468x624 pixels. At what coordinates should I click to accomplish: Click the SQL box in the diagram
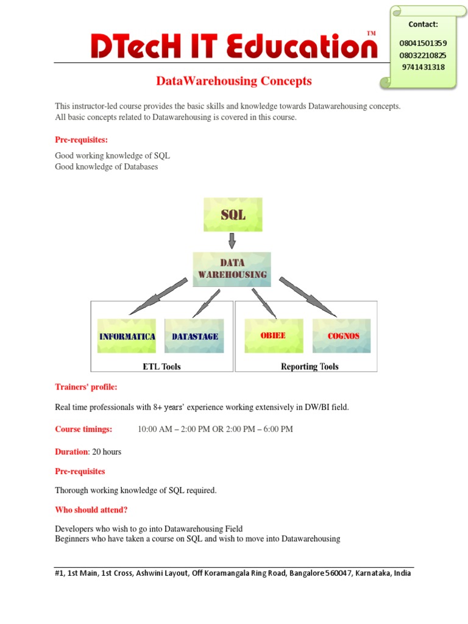tap(233, 214)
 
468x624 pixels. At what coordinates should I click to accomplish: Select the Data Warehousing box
tap(232, 269)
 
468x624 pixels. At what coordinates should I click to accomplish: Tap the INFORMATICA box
tap(127, 336)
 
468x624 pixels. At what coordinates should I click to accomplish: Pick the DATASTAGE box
tap(194, 336)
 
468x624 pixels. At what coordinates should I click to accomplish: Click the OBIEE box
tap(274, 336)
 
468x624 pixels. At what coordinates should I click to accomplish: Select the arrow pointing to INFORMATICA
tap(158, 296)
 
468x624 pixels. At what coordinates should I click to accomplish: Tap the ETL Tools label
tap(161, 366)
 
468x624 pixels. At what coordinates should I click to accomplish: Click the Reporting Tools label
tap(310, 366)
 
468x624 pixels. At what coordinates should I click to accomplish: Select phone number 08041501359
tap(424, 43)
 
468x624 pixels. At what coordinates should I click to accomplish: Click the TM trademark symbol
tap(371, 32)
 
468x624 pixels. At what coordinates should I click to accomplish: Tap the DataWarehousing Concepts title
tap(234, 80)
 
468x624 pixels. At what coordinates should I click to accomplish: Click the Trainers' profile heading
tap(86, 387)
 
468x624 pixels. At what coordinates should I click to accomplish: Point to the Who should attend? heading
tap(91, 509)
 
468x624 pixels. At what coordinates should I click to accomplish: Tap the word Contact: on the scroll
tap(424, 24)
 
